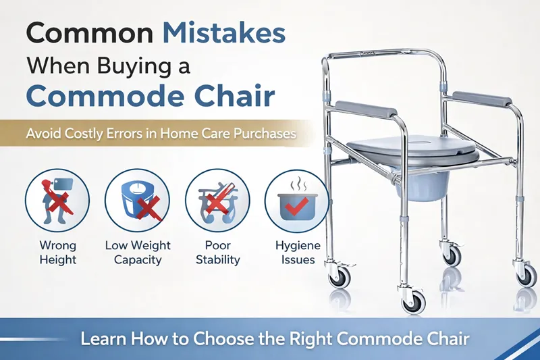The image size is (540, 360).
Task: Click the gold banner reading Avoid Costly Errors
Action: click(161, 133)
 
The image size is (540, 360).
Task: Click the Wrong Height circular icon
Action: click(57, 199)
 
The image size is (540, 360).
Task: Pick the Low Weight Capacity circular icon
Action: click(138, 199)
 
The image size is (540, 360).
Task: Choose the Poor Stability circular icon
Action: click(217, 199)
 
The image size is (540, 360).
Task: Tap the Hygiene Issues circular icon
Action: click(298, 200)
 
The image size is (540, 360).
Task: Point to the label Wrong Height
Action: click(57, 252)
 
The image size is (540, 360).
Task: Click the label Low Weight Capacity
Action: click(138, 252)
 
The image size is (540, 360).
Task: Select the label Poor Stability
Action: click(217, 252)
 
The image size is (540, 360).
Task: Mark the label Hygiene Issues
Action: click(298, 253)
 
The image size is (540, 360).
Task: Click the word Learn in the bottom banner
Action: click(103, 339)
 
